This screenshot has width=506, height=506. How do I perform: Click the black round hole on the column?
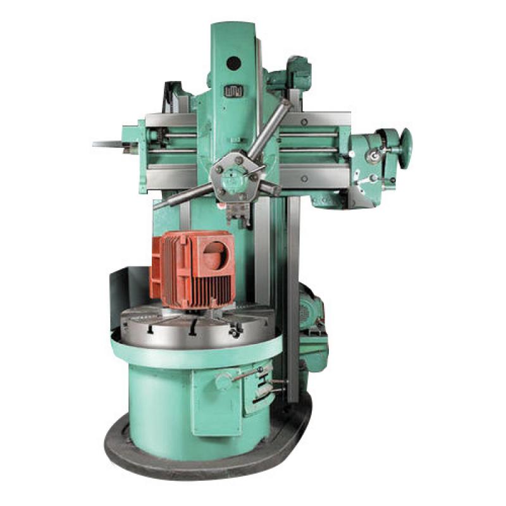pyautogui.click(x=233, y=63)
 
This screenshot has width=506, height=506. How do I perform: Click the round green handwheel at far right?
pyautogui.click(x=404, y=140)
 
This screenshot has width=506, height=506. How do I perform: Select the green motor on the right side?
pyautogui.click(x=312, y=307)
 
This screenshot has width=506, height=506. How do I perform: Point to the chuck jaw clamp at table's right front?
pyautogui.click(x=235, y=330)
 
